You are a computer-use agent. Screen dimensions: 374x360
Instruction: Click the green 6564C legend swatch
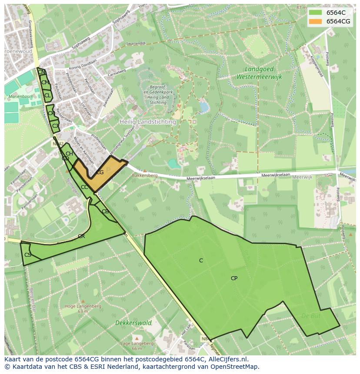click(x=315, y=13)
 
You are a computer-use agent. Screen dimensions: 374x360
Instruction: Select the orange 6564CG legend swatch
click(x=315, y=21)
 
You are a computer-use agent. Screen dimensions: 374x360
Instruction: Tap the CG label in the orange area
click(x=100, y=172)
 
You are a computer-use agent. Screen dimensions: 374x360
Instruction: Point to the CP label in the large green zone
click(x=234, y=278)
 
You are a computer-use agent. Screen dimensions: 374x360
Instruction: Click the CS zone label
click(x=28, y=255)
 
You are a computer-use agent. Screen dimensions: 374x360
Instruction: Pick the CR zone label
click(x=81, y=236)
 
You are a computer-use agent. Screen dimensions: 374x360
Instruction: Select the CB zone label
click(x=105, y=212)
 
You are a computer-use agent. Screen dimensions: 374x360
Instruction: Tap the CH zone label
click(x=69, y=154)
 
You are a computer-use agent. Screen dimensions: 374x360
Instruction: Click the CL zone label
click(x=47, y=95)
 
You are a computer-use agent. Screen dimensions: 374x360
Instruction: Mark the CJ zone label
click(x=55, y=126)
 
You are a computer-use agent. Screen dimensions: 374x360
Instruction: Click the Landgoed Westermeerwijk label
click(x=260, y=73)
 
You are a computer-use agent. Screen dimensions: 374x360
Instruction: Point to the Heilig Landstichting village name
click(x=147, y=122)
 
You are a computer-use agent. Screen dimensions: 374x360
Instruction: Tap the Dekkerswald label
click(x=133, y=323)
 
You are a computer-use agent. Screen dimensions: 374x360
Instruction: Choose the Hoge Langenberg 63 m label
click(x=83, y=308)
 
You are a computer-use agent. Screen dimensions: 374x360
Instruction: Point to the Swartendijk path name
click(x=136, y=44)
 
